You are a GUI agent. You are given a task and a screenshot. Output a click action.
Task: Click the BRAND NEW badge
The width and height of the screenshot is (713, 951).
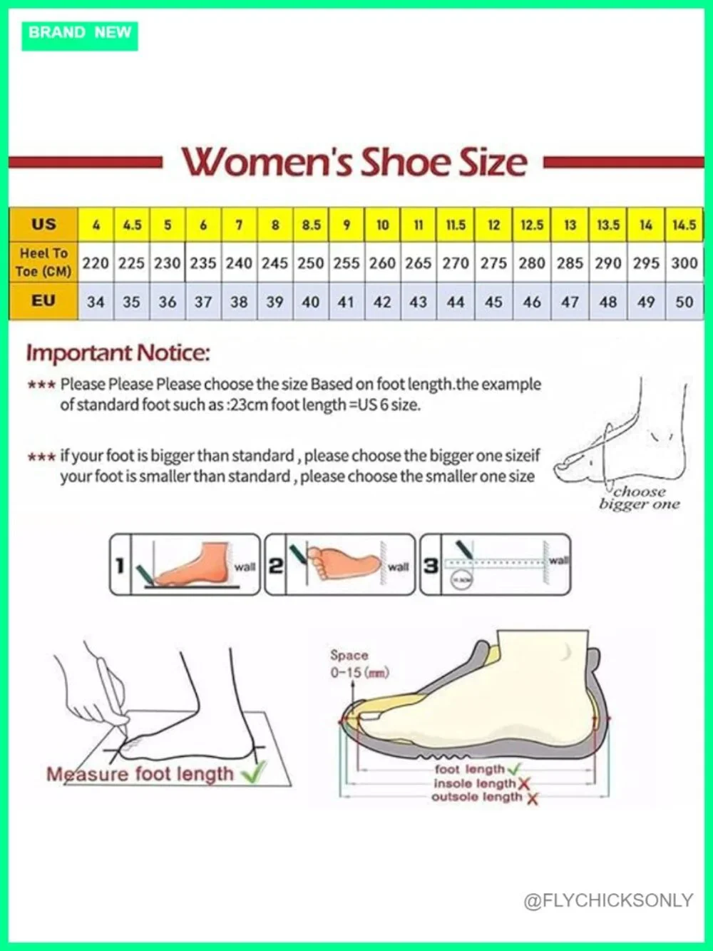pyautogui.click(x=80, y=36)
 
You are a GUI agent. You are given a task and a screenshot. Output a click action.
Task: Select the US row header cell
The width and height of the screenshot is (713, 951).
pyautogui.click(x=43, y=225)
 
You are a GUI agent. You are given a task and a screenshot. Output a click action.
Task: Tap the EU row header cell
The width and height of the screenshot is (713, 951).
pyautogui.click(x=43, y=301)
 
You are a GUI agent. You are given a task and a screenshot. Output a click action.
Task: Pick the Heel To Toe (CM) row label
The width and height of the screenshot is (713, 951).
pyautogui.click(x=43, y=262)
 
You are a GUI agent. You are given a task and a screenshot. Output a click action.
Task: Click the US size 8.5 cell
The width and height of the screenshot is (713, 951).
pyautogui.click(x=311, y=225)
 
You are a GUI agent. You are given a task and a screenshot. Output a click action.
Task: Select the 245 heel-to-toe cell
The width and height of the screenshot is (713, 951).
pyautogui.click(x=275, y=263)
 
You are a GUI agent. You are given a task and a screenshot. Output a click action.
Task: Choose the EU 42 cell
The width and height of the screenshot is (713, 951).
pyautogui.click(x=382, y=302)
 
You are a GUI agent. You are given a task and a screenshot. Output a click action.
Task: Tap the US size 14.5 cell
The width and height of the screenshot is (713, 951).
pyautogui.click(x=684, y=225)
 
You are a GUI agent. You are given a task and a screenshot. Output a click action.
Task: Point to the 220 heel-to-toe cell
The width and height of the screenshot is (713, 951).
pyautogui.click(x=96, y=263)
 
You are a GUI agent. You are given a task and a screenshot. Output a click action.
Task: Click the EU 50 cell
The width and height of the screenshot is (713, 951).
pyautogui.click(x=684, y=302)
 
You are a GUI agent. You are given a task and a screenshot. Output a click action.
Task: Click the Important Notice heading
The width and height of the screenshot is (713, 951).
pyautogui.click(x=118, y=353)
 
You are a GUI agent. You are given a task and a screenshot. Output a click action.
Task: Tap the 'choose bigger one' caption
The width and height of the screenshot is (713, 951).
pyautogui.click(x=640, y=498)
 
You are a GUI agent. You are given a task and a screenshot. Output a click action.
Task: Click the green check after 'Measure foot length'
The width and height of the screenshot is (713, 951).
pyautogui.click(x=255, y=772)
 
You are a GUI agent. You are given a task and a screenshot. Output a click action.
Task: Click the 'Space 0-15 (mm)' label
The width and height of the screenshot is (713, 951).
pyautogui.click(x=359, y=663)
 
